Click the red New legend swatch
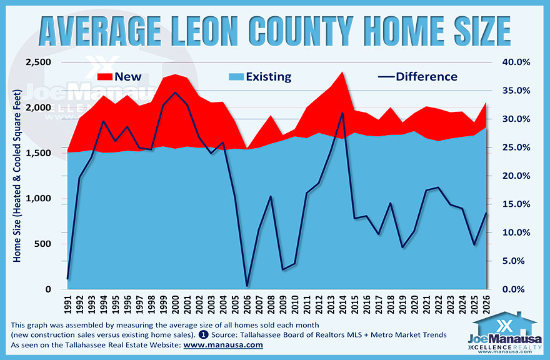tap(110, 77)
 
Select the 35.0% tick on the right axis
tap(516, 91)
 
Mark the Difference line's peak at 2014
tap(342, 113)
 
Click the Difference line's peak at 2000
tap(175, 92)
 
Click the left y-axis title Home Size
tap(17, 175)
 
